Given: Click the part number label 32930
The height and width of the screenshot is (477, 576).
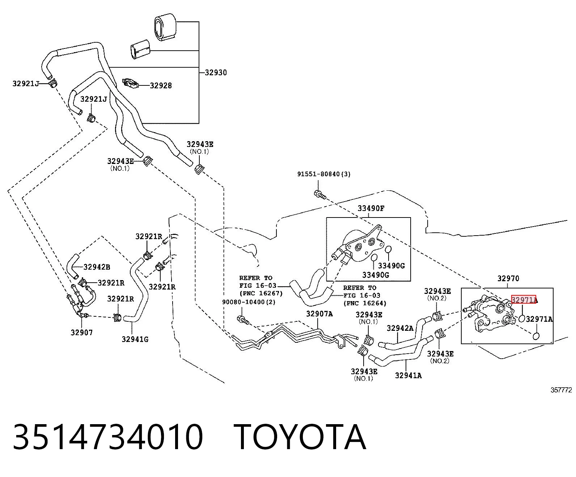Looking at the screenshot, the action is pos(216,73).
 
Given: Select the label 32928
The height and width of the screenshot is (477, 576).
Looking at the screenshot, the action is pos(161,85).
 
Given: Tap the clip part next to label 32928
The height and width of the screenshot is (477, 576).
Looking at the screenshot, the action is pos(131,83).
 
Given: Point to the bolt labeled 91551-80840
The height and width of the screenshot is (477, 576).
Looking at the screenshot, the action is pos(320,195).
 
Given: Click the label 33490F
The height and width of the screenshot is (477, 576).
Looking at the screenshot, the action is pos(371,208).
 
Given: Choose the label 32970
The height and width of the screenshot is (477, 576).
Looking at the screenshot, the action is pos(508,278).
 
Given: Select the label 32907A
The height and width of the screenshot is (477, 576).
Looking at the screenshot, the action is pos(319,313).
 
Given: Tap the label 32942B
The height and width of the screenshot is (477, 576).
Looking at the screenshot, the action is pos(97,267).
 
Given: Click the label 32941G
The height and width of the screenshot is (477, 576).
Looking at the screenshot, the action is pos(135,339).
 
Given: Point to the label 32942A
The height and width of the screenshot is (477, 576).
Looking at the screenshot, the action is pos(400,328).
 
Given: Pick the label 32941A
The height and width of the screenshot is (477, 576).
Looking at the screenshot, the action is pos(408,375).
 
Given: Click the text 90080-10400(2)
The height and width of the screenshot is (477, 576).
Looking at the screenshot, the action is pos(249,302).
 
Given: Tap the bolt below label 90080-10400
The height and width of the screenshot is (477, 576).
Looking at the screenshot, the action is pos(243,320).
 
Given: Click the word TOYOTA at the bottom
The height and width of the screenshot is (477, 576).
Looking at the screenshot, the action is pos(300,437).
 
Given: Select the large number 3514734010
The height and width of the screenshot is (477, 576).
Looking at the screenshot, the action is pos(108,437).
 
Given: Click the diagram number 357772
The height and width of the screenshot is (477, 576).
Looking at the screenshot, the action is pos(561,390).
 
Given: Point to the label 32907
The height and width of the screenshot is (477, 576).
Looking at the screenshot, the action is pos(82,333).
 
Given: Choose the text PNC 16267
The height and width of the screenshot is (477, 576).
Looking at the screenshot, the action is pos(261,293).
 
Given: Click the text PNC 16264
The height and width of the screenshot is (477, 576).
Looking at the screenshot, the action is pos(365,303).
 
